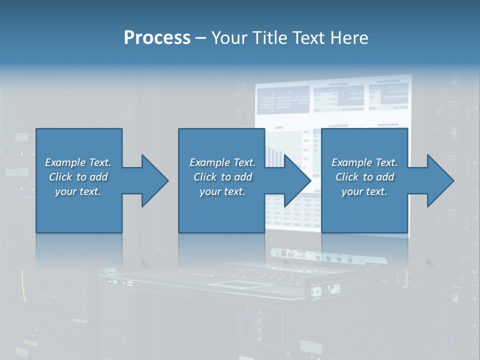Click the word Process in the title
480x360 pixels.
pyautogui.click(x=157, y=38)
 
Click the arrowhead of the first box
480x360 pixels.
pyautogui.click(x=155, y=180)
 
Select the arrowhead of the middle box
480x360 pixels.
pyautogui.click(x=298, y=180)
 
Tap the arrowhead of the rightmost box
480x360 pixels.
pyautogui.click(x=441, y=180)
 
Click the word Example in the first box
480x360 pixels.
pyautogui.click(x=65, y=162)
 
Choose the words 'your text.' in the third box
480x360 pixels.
pyautogui.click(x=364, y=191)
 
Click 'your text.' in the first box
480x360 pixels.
pyautogui.click(x=78, y=191)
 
